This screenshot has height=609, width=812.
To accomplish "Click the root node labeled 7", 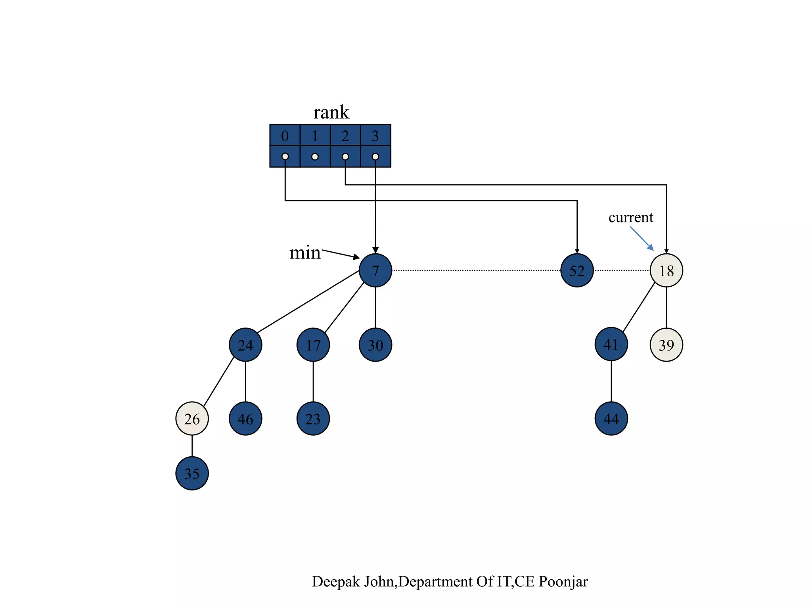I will pyautogui.click(x=375, y=270).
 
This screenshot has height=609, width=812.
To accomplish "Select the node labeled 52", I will pyautogui.click(x=577, y=270).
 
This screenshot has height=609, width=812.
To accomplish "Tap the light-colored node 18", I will pyautogui.click(x=666, y=270).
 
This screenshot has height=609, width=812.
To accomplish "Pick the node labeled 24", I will pyautogui.click(x=245, y=345).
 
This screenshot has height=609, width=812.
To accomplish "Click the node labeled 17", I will pyautogui.click(x=313, y=345).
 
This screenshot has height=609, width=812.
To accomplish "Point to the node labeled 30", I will pyautogui.click(x=375, y=345).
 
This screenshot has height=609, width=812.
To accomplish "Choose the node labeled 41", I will pyautogui.click(x=611, y=344).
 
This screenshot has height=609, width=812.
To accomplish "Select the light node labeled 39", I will pyautogui.click(x=666, y=345).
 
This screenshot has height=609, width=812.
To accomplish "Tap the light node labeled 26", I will pyautogui.click(x=192, y=418).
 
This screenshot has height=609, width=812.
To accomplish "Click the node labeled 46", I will pyautogui.click(x=245, y=418).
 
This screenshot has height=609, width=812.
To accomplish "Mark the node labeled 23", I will pyautogui.click(x=313, y=418).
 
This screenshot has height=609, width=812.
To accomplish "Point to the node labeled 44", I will pyautogui.click(x=611, y=418).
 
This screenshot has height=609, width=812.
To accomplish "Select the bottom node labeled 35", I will pyautogui.click(x=192, y=473).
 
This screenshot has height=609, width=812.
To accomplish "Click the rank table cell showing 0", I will pyautogui.click(x=285, y=136).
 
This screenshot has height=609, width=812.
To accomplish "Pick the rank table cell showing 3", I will pyautogui.click(x=375, y=136).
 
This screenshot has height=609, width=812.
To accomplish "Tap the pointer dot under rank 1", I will pyautogui.click(x=315, y=157).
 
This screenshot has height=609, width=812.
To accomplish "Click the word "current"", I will pyautogui.click(x=630, y=217).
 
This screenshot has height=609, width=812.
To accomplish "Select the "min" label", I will pyautogui.click(x=304, y=253).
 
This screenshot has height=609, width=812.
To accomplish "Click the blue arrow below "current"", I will pyautogui.click(x=642, y=239).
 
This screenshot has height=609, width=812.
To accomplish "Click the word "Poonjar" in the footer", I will pyautogui.click(x=563, y=582).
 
